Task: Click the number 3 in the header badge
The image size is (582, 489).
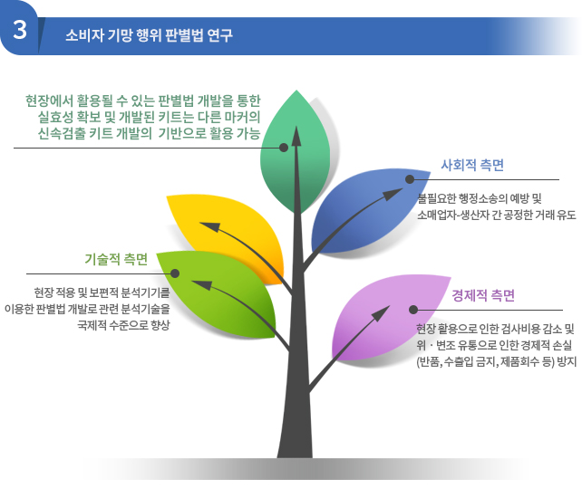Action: pyautogui.click(x=20, y=30)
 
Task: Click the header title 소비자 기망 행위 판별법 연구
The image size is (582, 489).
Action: pyautogui.click(x=149, y=35)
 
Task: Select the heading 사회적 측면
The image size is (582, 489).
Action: pyautogui.click(x=472, y=165)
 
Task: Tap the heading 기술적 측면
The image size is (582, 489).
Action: pyautogui.click(x=116, y=259)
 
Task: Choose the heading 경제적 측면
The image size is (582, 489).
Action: pyautogui.click(x=483, y=295)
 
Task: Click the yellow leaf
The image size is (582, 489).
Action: pyautogui.click(x=230, y=234)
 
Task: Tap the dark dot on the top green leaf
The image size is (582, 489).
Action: pyautogui.click(x=284, y=148)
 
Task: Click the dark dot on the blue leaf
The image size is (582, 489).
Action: pyautogui.click(x=410, y=179)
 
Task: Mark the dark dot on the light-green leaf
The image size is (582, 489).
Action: pyautogui.click(x=175, y=273)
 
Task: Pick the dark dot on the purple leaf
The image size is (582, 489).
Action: pyautogui.click(x=413, y=310)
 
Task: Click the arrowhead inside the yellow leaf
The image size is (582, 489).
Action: pyautogui.click(x=210, y=227)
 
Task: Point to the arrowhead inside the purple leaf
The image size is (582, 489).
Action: pyautogui.click(x=381, y=313)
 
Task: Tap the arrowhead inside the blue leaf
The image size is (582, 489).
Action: pyautogui.click(x=393, y=194)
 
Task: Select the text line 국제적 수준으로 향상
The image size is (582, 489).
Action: pyautogui.click(x=123, y=325)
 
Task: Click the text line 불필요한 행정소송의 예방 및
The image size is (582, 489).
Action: pyautogui.click(x=480, y=198)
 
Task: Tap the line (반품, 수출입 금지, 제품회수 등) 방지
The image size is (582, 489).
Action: pyautogui.click(x=496, y=361)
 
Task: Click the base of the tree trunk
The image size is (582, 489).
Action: pyautogui.click(x=296, y=455)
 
